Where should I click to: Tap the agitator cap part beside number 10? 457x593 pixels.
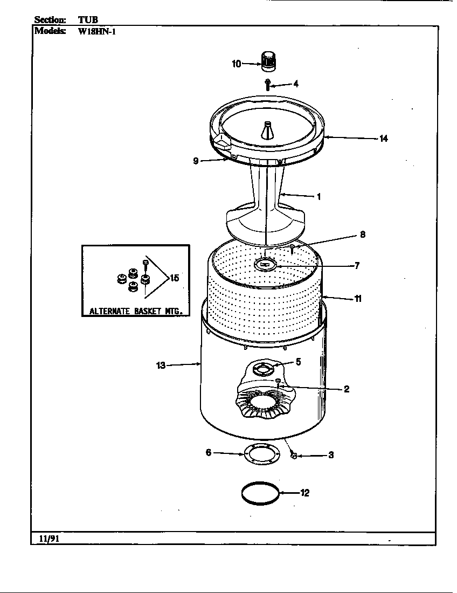tap(268, 60)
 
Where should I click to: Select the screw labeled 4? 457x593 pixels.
tap(267, 84)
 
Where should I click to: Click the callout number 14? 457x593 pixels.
tap(383, 139)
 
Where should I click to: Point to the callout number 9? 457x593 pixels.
tap(196, 161)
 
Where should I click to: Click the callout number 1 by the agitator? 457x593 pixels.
tap(318, 197)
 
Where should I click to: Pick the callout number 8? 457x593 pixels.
tap(363, 235)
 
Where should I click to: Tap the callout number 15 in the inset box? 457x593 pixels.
tap(174, 278)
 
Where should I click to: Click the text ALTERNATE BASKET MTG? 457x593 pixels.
tap(136, 311)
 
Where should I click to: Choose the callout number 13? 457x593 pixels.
tap(161, 366)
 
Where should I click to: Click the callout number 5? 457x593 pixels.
tap(298, 362)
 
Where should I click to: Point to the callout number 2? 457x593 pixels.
tap(347, 389)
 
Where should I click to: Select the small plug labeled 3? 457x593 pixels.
tap(294, 456)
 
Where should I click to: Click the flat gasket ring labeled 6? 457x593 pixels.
tap(260, 454)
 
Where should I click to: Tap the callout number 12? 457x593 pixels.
tap(304, 493)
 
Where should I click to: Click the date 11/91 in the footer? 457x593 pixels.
tap(46, 539)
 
